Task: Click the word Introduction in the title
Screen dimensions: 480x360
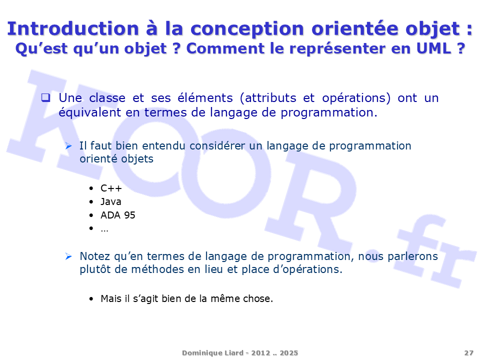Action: (x=73, y=28)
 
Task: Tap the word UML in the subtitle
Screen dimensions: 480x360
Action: (x=433, y=48)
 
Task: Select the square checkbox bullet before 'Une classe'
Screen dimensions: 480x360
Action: (x=45, y=97)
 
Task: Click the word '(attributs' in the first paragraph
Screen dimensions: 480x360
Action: (x=268, y=98)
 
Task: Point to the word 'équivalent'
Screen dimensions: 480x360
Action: (x=90, y=112)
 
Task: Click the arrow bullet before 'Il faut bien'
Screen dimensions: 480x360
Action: (x=68, y=146)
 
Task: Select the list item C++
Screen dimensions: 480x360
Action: (x=111, y=188)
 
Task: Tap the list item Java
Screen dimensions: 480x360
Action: (x=111, y=201)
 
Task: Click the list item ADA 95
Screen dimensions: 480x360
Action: (x=118, y=215)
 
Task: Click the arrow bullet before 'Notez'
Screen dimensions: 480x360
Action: (x=68, y=256)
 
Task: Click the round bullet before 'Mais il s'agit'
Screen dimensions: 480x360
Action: (x=91, y=299)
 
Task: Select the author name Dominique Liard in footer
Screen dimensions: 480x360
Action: (x=213, y=353)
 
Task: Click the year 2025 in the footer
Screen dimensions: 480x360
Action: (x=288, y=353)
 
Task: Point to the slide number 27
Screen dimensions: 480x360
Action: (x=468, y=353)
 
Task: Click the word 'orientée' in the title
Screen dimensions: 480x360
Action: (x=355, y=28)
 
